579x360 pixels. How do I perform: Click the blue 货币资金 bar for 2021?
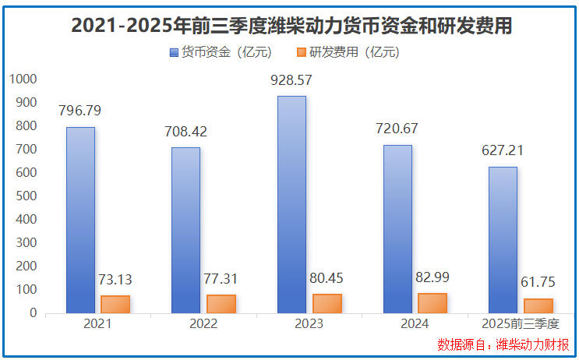pos(80,220)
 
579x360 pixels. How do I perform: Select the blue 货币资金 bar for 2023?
pos(292,204)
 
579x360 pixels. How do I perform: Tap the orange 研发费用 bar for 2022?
pos(221,304)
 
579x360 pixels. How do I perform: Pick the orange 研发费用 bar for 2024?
pos(432,303)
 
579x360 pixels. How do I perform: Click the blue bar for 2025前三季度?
pos(503,240)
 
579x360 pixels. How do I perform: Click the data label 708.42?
pos(185,132)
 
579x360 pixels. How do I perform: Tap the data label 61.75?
pos(538,283)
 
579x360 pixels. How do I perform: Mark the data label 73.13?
pos(114,280)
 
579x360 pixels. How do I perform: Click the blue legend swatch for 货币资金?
pos(174,53)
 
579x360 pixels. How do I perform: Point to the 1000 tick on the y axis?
pos(23,79)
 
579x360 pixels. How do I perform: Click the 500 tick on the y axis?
pos(26,196)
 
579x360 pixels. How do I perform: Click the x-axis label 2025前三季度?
pos(521,324)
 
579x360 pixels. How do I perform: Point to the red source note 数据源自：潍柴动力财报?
pos(503,344)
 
